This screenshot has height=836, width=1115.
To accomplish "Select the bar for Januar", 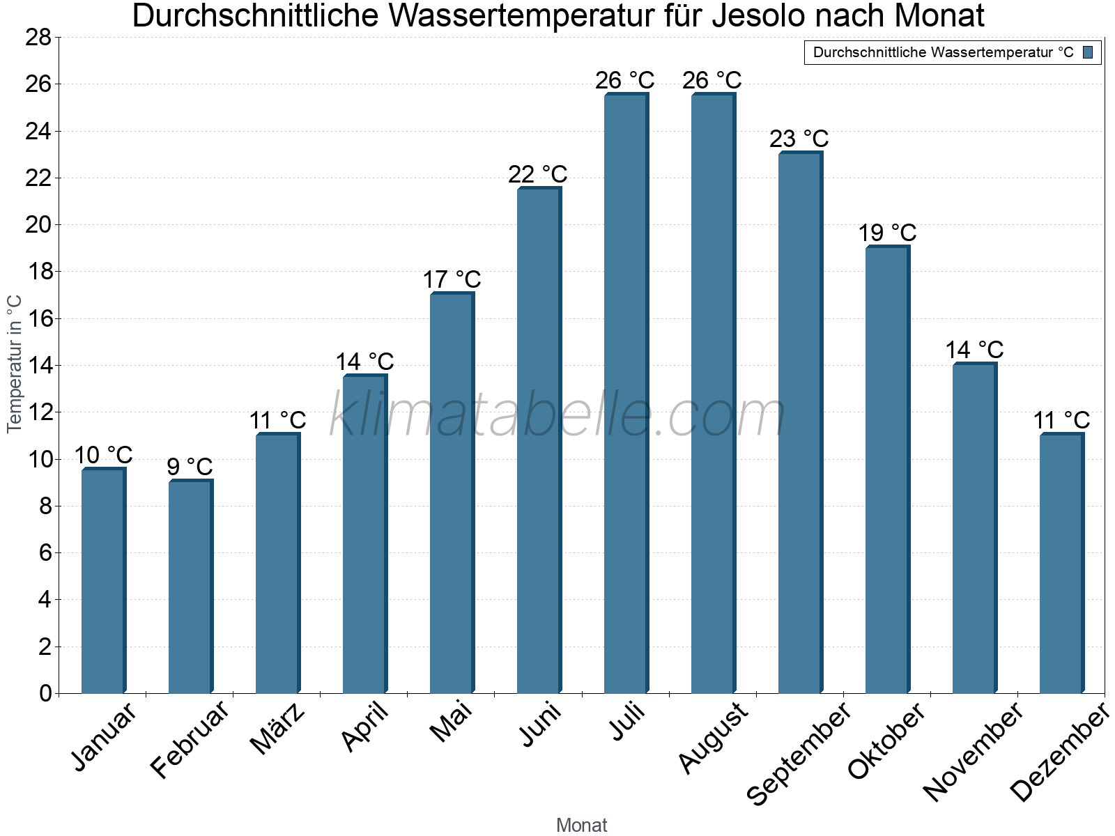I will click(x=103, y=582).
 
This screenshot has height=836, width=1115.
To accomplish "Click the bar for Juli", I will click(x=626, y=394).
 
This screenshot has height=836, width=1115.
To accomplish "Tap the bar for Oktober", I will click(x=887, y=470).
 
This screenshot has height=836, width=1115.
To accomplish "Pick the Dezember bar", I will click(x=1061, y=564).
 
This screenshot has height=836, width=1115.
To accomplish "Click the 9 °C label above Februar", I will click(x=190, y=467).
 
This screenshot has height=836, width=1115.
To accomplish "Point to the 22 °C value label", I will click(x=537, y=175).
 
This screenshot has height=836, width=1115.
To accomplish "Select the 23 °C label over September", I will click(x=799, y=139).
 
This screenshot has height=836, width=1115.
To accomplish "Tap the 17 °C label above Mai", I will click(x=452, y=280).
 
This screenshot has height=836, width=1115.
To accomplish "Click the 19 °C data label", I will click(x=886, y=233).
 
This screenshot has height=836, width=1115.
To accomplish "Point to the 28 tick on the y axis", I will click(x=38, y=38).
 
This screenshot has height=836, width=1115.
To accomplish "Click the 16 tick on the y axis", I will click(x=38, y=318).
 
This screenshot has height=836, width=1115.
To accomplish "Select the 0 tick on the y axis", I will click(x=45, y=693).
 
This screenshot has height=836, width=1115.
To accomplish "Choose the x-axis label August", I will click(x=713, y=738).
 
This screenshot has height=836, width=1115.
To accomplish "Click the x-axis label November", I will click(x=973, y=752).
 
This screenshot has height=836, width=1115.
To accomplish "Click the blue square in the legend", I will click(x=1088, y=52).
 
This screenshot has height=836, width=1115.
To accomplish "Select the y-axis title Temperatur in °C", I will click(x=14, y=364).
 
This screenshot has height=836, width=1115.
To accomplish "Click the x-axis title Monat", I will click(x=581, y=825).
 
